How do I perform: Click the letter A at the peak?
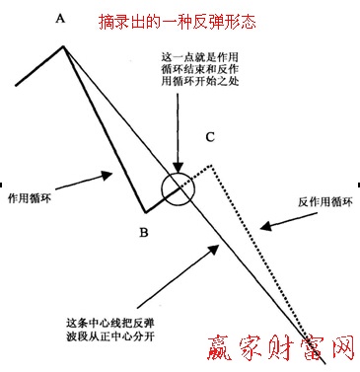62,18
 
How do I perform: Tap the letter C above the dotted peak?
210,137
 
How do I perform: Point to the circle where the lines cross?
178,188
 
